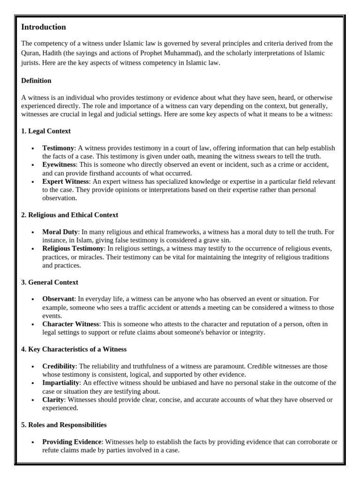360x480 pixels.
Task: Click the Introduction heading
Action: point(44,27)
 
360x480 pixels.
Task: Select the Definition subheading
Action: point(36,81)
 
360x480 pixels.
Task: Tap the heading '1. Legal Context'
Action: point(46,131)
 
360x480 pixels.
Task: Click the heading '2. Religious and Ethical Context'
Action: point(69,215)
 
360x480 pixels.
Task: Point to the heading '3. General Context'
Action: point(50,282)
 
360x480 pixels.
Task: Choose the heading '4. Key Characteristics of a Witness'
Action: point(74,349)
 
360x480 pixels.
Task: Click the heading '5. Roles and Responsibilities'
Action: point(64,425)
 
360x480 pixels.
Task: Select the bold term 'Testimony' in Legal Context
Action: point(58,148)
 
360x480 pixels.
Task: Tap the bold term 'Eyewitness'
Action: point(59,165)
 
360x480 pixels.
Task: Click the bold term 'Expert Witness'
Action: point(65,181)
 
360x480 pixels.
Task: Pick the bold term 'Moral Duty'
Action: point(60,232)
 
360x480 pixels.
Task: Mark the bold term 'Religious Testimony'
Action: point(73,248)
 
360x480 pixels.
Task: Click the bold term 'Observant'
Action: point(58,299)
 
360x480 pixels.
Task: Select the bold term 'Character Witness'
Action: point(71,324)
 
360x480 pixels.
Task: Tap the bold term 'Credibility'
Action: point(59,366)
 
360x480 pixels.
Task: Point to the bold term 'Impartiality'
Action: point(60,383)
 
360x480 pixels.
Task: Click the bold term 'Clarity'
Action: point(53,400)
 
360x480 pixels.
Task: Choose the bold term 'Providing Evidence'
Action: point(72,442)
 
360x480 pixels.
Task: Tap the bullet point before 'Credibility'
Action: point(32,367)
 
